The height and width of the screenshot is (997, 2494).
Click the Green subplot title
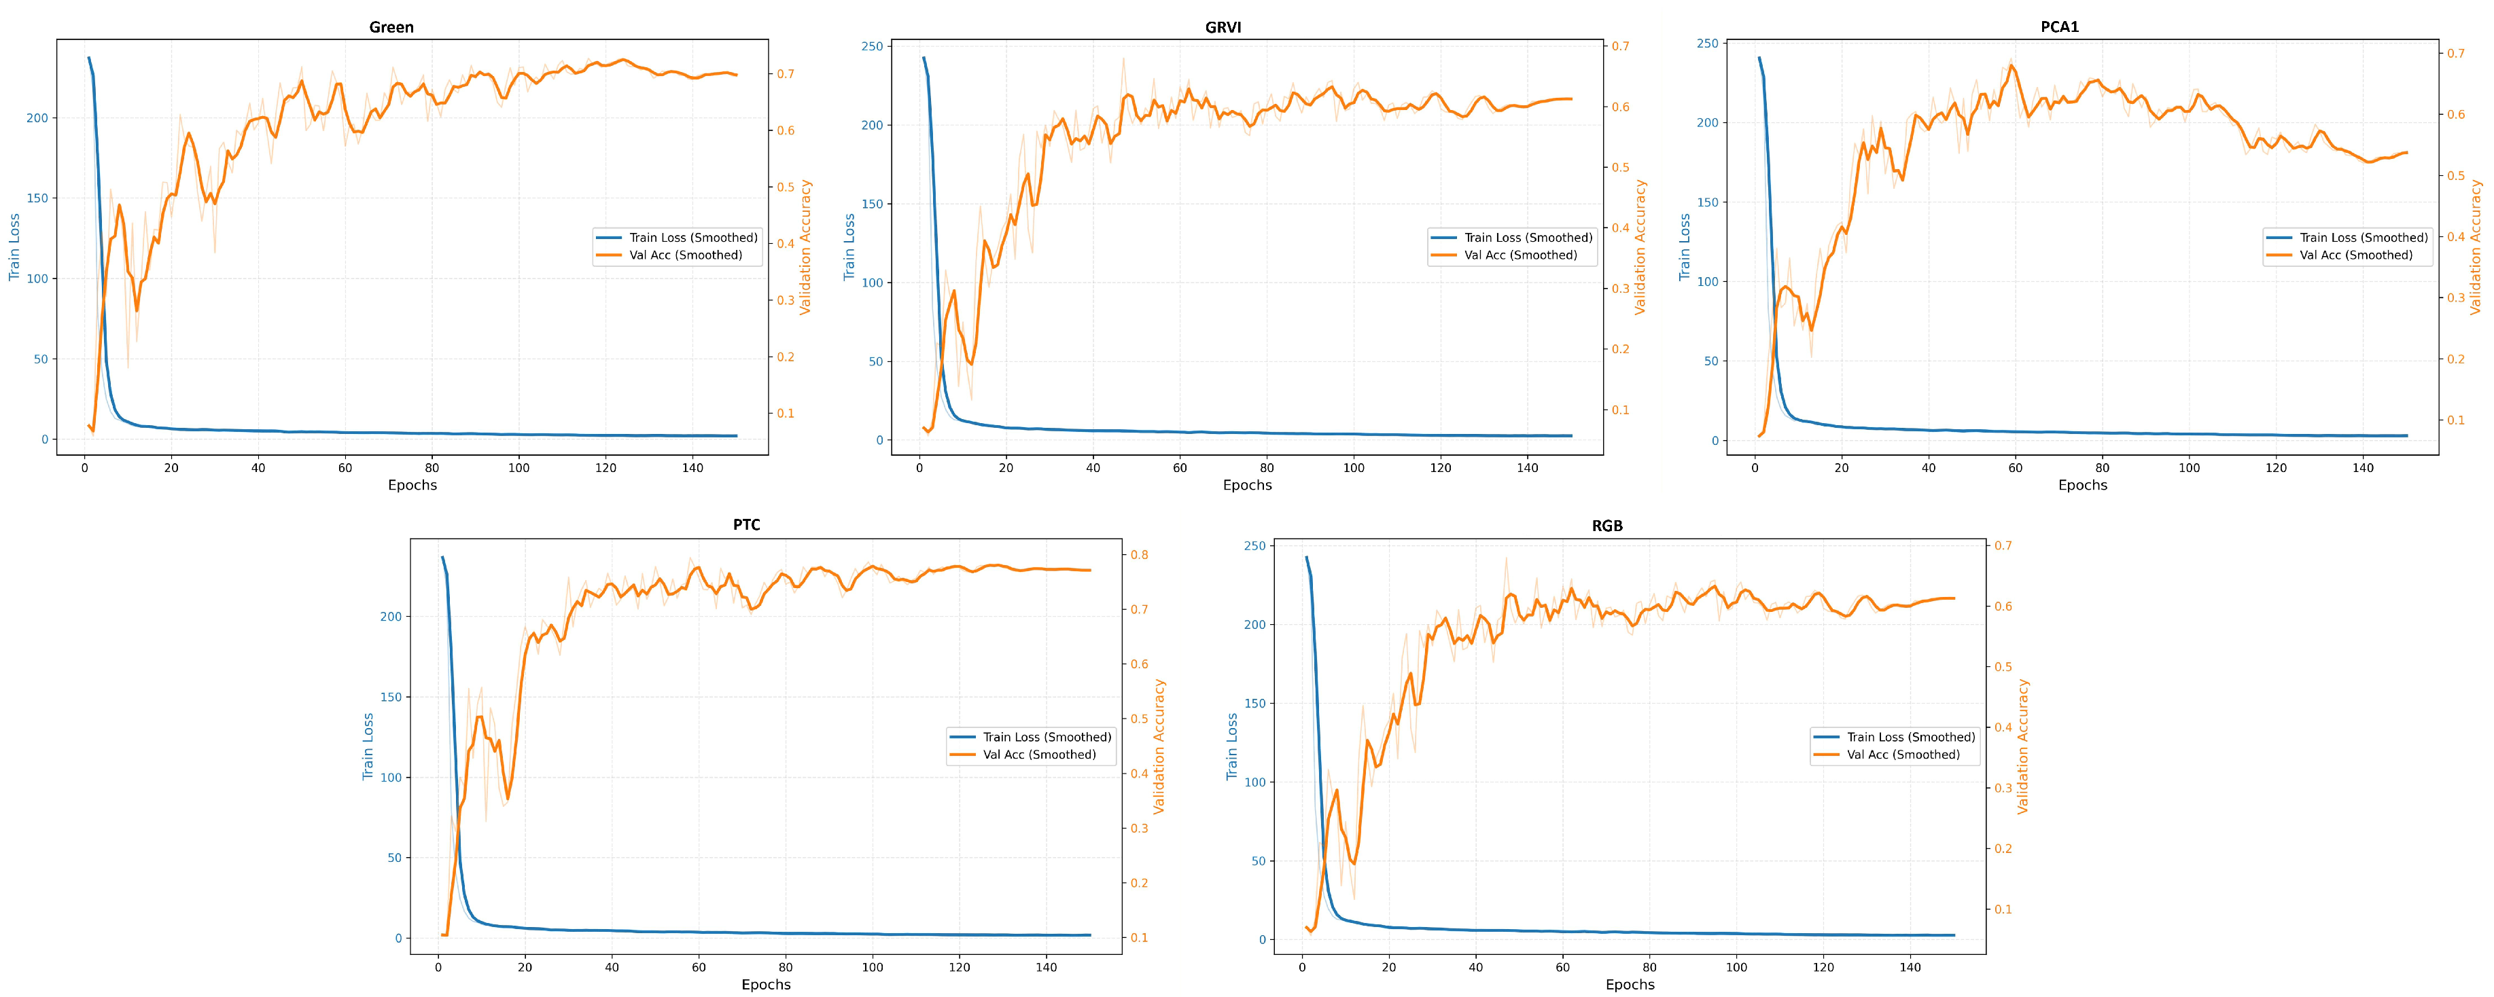click(x=391, y=27)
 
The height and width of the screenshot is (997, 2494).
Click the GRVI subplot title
click(x=1223, y=27)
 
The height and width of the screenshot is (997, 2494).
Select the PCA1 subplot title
click(x=2059, y=27)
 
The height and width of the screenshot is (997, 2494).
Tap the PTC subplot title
click(x=746, y=524)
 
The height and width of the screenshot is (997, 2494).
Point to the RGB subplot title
click(x=1607, y=526)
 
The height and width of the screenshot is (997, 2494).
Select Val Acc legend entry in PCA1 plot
click(x=2355, y=255)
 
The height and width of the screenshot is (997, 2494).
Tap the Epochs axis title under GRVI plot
click(x=1247, y=485)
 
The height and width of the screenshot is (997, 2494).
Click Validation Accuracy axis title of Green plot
click(x=805, y=247)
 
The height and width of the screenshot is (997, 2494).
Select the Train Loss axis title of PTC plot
click(x=368, y=746)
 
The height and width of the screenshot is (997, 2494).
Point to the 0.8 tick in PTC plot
click(x=1140, y=555)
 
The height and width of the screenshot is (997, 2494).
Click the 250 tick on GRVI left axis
click(x=871, y=46)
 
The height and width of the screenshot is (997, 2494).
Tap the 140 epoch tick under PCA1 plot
click(x=2362, y=467)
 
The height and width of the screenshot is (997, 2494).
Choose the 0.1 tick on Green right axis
click(x=784, y=414)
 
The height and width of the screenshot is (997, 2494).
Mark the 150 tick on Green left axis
click(x=37, y=198)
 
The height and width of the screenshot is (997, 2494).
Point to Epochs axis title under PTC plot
click(x=766, y=984)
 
